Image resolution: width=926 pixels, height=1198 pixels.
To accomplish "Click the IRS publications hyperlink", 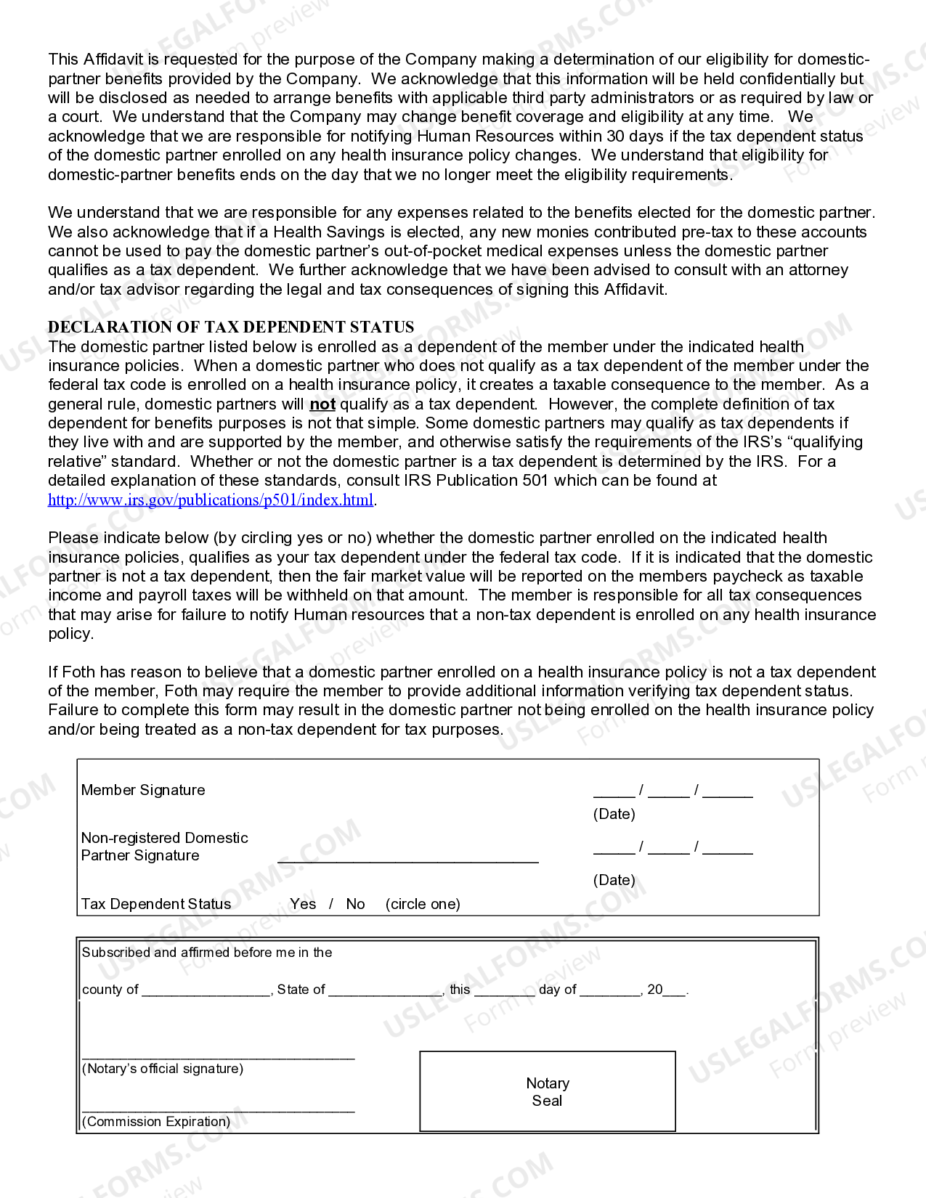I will (x=211, y=500).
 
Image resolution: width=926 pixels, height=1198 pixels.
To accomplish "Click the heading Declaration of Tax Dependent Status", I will (x=231, y=327).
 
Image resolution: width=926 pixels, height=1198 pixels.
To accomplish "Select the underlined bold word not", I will (x=322, y=404).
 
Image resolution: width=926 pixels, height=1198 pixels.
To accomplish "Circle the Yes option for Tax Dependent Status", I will (x=303, y=904).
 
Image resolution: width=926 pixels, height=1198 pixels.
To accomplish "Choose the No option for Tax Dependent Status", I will (x=355, y=904).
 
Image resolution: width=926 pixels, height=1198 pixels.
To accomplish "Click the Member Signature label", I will (x=143, y=790).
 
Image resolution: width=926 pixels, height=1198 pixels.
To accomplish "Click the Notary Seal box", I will (x=548, y=1091).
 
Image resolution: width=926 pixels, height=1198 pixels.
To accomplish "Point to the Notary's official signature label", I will (x=163, y=1069).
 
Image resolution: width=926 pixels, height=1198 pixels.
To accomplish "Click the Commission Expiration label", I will (x=156, y=1122).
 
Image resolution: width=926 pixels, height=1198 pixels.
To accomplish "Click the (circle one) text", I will (x=423, y=904).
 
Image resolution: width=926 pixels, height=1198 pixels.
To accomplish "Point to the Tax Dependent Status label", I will (x=156, y=904).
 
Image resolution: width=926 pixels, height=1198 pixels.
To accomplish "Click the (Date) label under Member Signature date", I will (x=614, y=814).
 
